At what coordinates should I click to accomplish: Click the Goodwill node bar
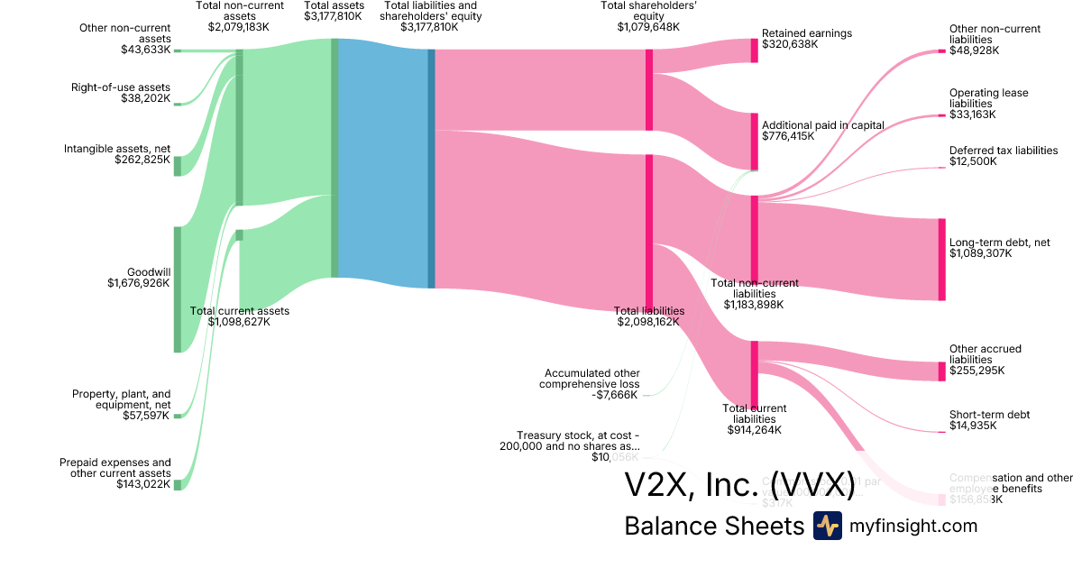click(x=178, y=289)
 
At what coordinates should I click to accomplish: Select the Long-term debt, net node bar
click(x=941, y=259)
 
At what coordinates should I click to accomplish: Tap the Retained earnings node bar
click(x=755, y=50)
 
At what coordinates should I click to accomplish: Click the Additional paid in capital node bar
click(x=755, y=142)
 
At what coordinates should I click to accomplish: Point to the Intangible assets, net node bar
click(x=178, y=166)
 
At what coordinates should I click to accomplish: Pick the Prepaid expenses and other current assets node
click(x=178, y=484)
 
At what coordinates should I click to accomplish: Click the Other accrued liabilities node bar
click(x=941, y=371)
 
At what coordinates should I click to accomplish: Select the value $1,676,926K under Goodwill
click(x=139, y=283)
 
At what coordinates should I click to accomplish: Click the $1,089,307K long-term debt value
click(x=980, y=254)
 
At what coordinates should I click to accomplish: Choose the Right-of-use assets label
click(x=121, y=87)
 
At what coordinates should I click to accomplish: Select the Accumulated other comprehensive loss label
click(x=591, y=379)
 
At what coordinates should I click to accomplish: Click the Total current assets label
click(x=239, y=311)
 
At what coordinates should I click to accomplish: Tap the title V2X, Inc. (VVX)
click(x=739, y=484)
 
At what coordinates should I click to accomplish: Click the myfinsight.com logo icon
click(x=827, y=526)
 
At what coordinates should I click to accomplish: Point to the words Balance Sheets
click(x=713, y=527)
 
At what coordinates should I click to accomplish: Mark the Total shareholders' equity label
click(x=648, y=10)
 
